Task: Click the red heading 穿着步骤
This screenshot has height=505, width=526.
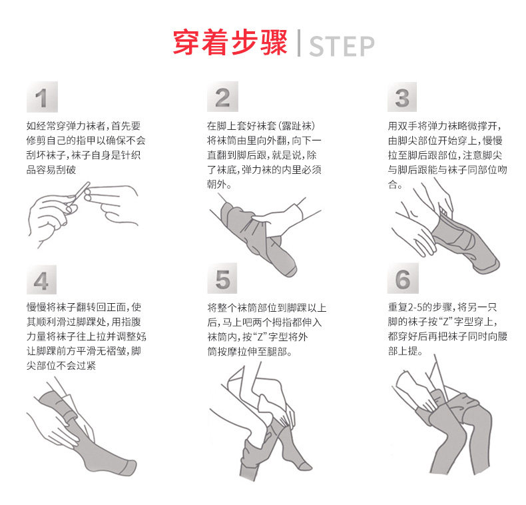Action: tap(230, 43)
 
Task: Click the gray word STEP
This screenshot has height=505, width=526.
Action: tap(342, 47)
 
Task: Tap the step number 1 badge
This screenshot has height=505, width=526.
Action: tap(42, 97)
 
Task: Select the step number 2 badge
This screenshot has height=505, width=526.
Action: tap(222, 97)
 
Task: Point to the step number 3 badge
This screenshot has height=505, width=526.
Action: tap(402, 97)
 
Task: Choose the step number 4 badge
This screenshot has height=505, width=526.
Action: tap(41, 280)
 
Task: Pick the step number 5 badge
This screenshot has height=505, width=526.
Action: tap(222, 278)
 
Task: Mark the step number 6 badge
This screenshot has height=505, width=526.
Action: tap(403, 278)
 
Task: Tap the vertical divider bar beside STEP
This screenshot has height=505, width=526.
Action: tap(298, 43)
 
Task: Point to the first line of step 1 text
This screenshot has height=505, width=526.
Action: tap(83, 126)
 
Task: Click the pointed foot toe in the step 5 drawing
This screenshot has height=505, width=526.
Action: tap(306, 466)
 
